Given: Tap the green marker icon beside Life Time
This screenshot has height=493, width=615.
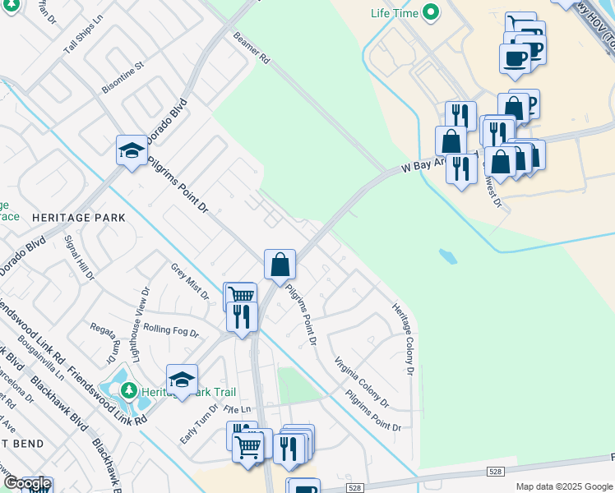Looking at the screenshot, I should pyautogui.click(x=429, y=12).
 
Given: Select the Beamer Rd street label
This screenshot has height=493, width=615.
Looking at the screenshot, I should pyautogui.click(x=252, y=48).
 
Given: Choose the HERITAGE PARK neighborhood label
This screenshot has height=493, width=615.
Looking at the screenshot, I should pyautogui.click(x=79, y=218).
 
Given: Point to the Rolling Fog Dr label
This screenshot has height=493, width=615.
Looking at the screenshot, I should pyautogui.click(x=171, y=329).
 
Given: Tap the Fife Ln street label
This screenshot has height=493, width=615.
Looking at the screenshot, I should pyautogui.click(x=235, y=408).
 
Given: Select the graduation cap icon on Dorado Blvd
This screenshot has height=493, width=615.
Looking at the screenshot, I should pyautogui.click(x=131, y=150).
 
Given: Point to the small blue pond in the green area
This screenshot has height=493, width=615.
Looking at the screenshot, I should pyautogui.click(x=449, y=256).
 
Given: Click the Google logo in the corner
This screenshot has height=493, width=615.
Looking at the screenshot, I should pyautogui.click(x=26, y=484).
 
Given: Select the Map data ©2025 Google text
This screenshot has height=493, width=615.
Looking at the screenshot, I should pyautogui.click(x=563, y=486).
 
